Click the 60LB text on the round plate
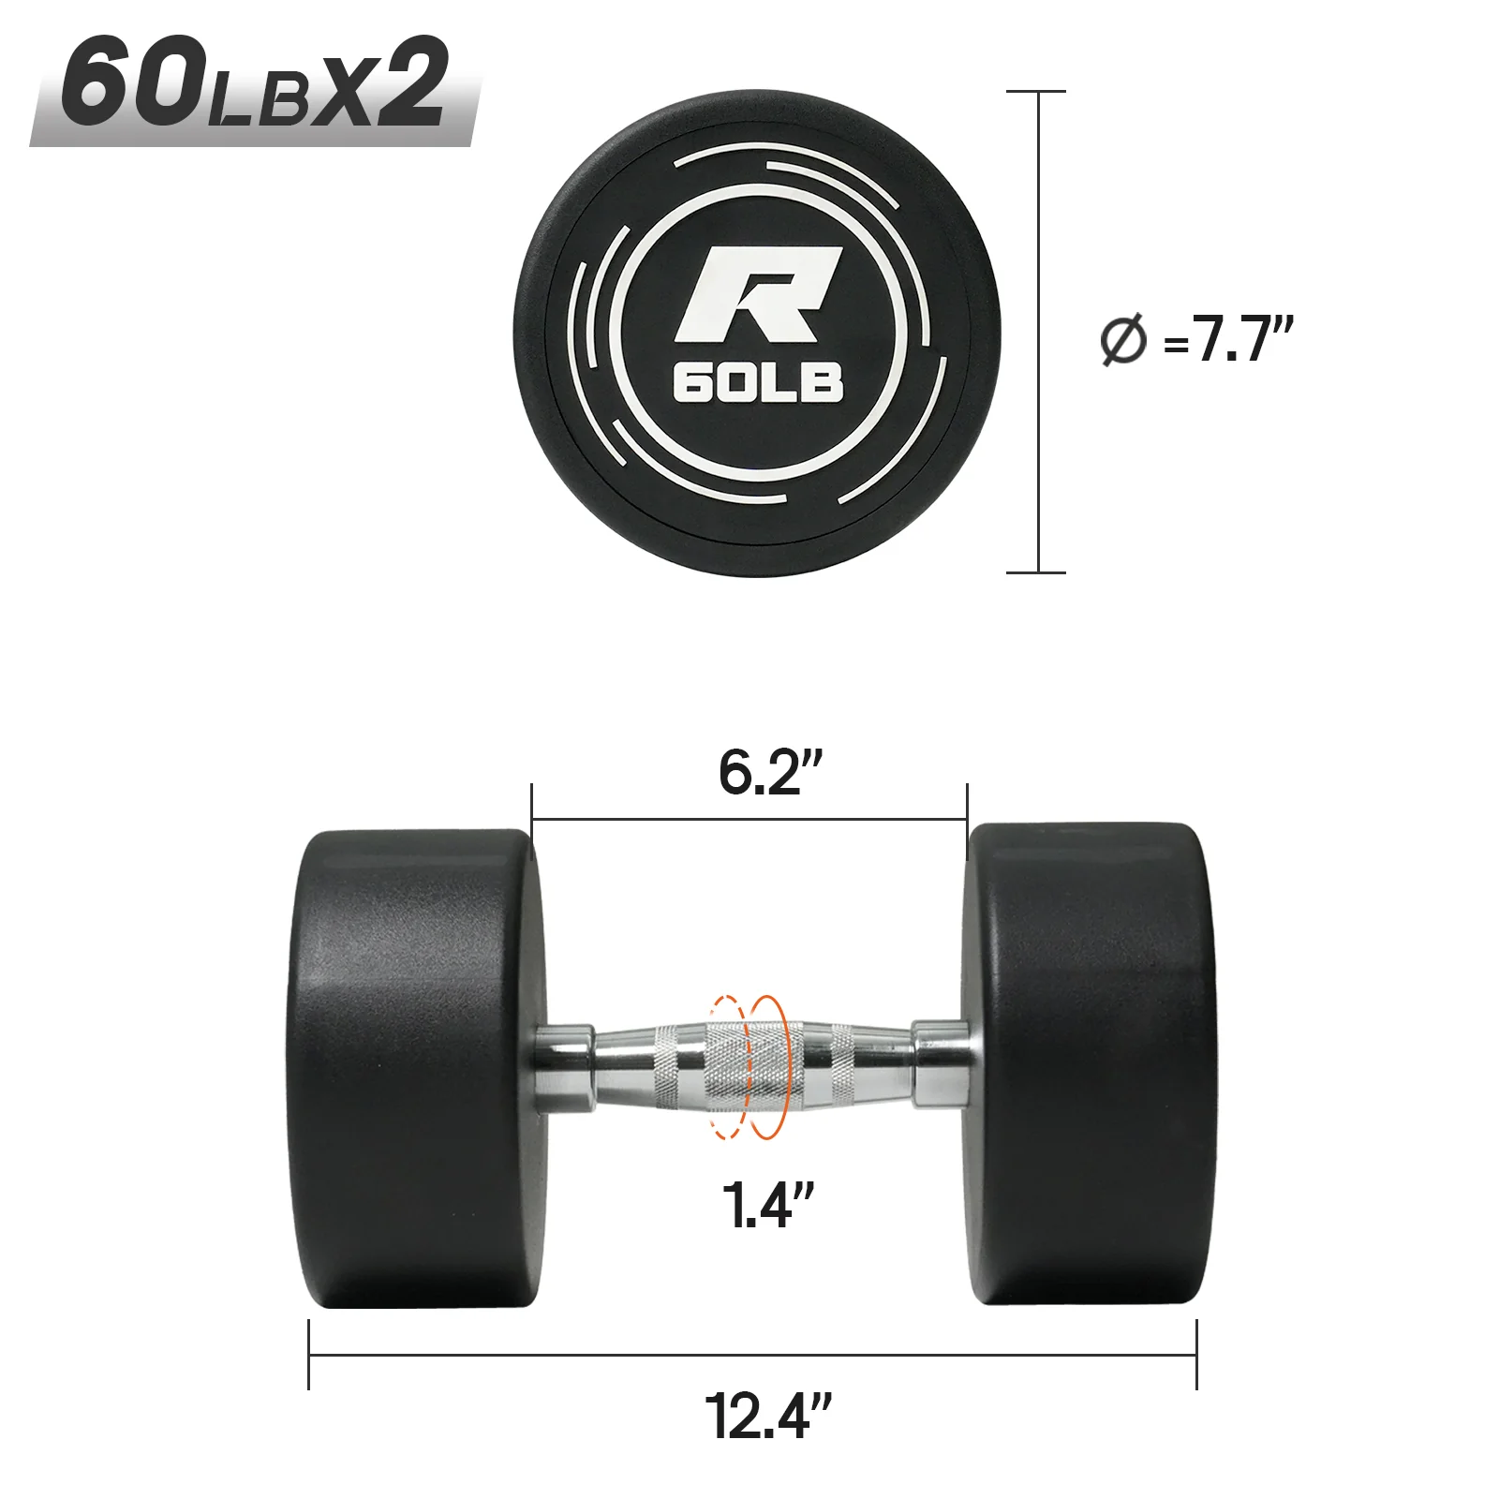click(x=757, y=383)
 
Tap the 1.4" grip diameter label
click(x=766, y=1206)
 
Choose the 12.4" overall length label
click(x=766, y=1417)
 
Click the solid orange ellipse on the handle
click(x=768, y=1067)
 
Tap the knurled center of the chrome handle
click(x=749, y=1068)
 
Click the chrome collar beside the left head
click(x=563, y=1069)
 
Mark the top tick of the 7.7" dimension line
click(x=1037, y=92)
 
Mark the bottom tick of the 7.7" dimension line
click(x=1037, y=571)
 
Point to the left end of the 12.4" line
click(x=309, y=1355)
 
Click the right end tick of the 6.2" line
click(x=967, y=821)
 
